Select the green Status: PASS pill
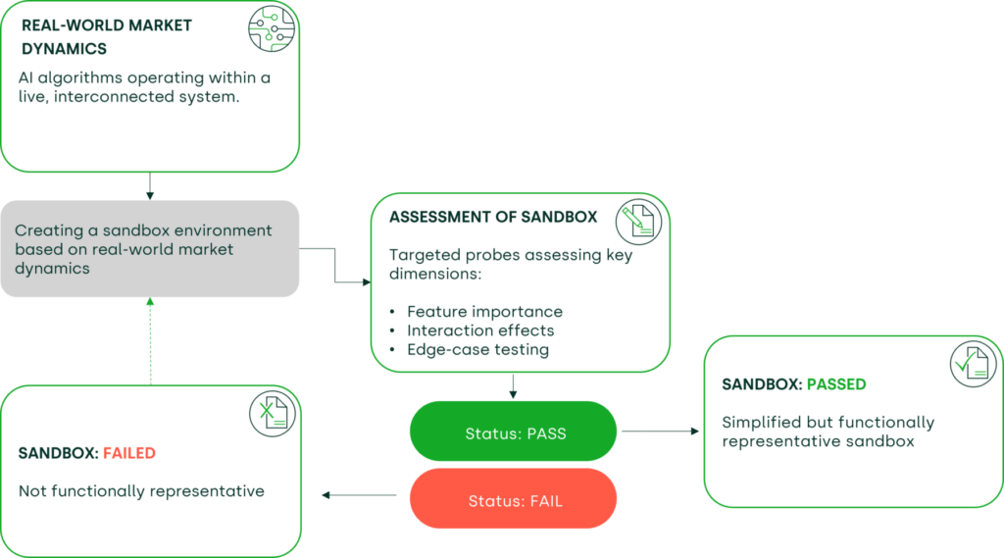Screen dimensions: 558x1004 [513, 432]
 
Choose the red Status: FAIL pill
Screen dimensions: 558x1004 [513, 500]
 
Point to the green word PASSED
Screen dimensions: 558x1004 [836, 384]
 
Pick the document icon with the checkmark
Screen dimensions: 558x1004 [974, 366]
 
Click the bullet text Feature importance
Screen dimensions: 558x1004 [484, 312]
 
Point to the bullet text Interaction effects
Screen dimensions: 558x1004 [480, 330]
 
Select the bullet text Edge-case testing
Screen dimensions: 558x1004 [477, 349]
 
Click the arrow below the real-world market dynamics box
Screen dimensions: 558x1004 [149, 184]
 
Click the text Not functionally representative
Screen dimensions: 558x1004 [141, 491]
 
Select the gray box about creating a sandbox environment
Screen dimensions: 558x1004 [149, 249]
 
